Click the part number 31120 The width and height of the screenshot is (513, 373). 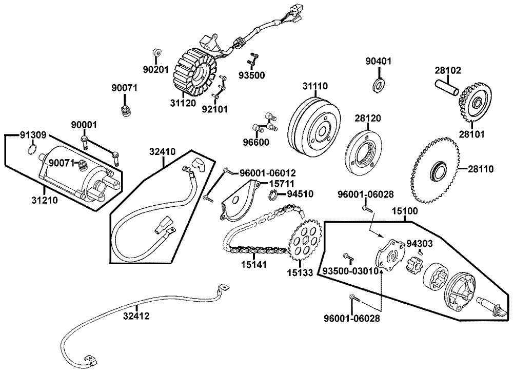pos(183,103)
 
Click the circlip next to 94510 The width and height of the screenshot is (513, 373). pos(274,194)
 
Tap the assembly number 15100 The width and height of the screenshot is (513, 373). pos(405,211)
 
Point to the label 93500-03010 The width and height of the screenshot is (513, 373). pos(351,270)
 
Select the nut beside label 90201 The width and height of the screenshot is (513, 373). pos(156,52)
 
